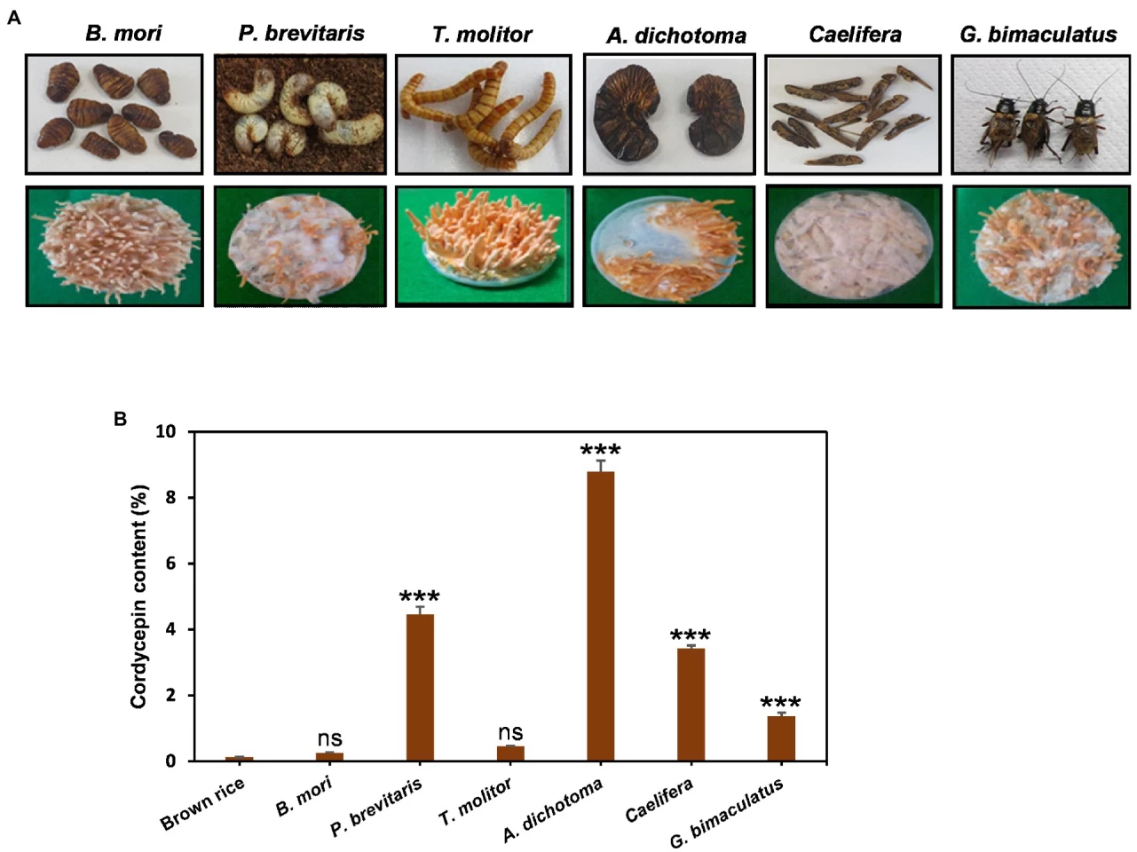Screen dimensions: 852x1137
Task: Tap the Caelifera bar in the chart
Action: [x=691, y=705]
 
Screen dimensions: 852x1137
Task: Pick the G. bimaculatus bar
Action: [x=781, y=738]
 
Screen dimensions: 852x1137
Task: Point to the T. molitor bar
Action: [x=510, y=753]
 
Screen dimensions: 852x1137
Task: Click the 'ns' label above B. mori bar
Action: [x=329, y=738]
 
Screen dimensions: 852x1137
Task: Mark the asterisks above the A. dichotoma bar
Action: [x=600, y=450]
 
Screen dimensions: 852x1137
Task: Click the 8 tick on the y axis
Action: [x=170, y=498]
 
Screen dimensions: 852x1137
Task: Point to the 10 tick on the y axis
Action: [x=166, y=431]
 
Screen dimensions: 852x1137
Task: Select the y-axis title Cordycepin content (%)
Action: [x=138, y=596]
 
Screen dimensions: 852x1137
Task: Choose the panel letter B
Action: [x=120, y=419]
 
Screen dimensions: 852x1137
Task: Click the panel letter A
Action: [x=13, y=17]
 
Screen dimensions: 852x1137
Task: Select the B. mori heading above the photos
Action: [x=123, y=34]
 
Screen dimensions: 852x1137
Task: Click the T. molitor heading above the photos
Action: [x=482, y=35]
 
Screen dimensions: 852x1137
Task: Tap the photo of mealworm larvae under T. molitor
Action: [x=484, y=114]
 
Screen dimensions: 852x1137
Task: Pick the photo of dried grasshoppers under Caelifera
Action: [x=852, y=114]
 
